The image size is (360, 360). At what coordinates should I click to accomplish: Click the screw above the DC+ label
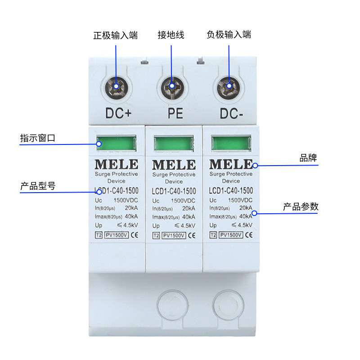(116, 85)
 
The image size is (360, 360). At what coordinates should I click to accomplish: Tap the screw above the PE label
(171, 85)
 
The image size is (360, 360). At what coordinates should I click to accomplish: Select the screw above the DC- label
(228, 85)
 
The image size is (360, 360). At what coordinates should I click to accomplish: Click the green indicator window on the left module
(116, 144)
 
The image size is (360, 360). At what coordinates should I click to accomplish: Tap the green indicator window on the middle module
(174, 144)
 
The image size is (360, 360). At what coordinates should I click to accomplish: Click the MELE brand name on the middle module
(174, 164)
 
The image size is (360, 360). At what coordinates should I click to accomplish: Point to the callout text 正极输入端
(115, 35)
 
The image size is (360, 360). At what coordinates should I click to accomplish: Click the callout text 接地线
(171, 35)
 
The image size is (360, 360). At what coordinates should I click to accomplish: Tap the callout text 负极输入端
(229, 35)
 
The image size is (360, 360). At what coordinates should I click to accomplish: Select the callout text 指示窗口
(37, 138)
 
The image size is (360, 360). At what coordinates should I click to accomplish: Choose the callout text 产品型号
(37, 186)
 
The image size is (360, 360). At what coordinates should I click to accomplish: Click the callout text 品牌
(309, 158)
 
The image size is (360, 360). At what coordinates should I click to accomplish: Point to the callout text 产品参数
(301, 207)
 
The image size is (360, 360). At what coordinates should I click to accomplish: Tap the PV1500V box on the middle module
(173, 235)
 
